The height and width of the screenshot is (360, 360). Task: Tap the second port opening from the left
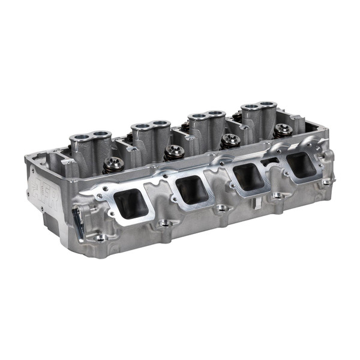(193, 189)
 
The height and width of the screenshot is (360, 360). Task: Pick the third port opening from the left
(248, 175)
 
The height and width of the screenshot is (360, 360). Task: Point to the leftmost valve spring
(113, 164)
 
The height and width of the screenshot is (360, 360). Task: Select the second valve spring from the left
(175, 152)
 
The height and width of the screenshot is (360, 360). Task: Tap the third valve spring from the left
(230, 140)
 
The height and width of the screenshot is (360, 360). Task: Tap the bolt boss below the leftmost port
(163, 224)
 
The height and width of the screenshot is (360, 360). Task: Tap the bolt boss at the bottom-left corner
(100, 238)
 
